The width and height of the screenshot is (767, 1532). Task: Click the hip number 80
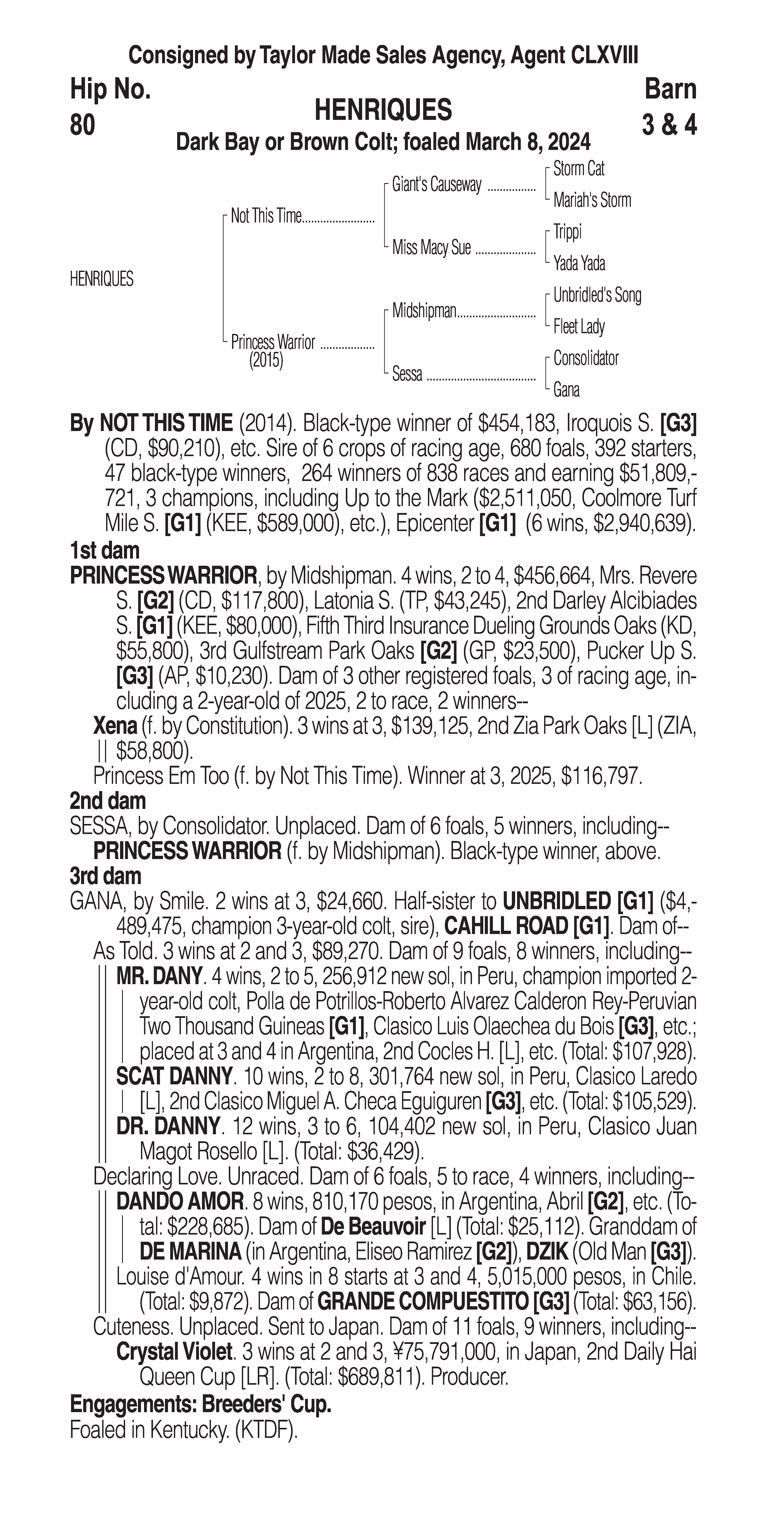click(83, 126)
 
